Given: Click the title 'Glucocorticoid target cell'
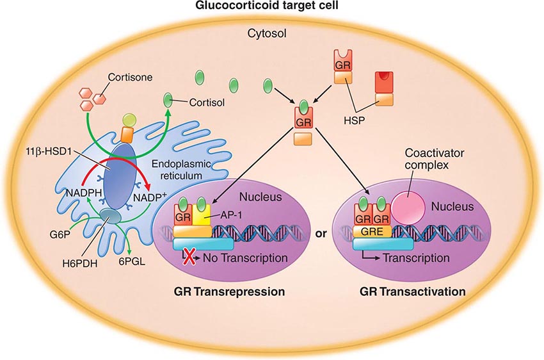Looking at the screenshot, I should [x=272, y=7].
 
